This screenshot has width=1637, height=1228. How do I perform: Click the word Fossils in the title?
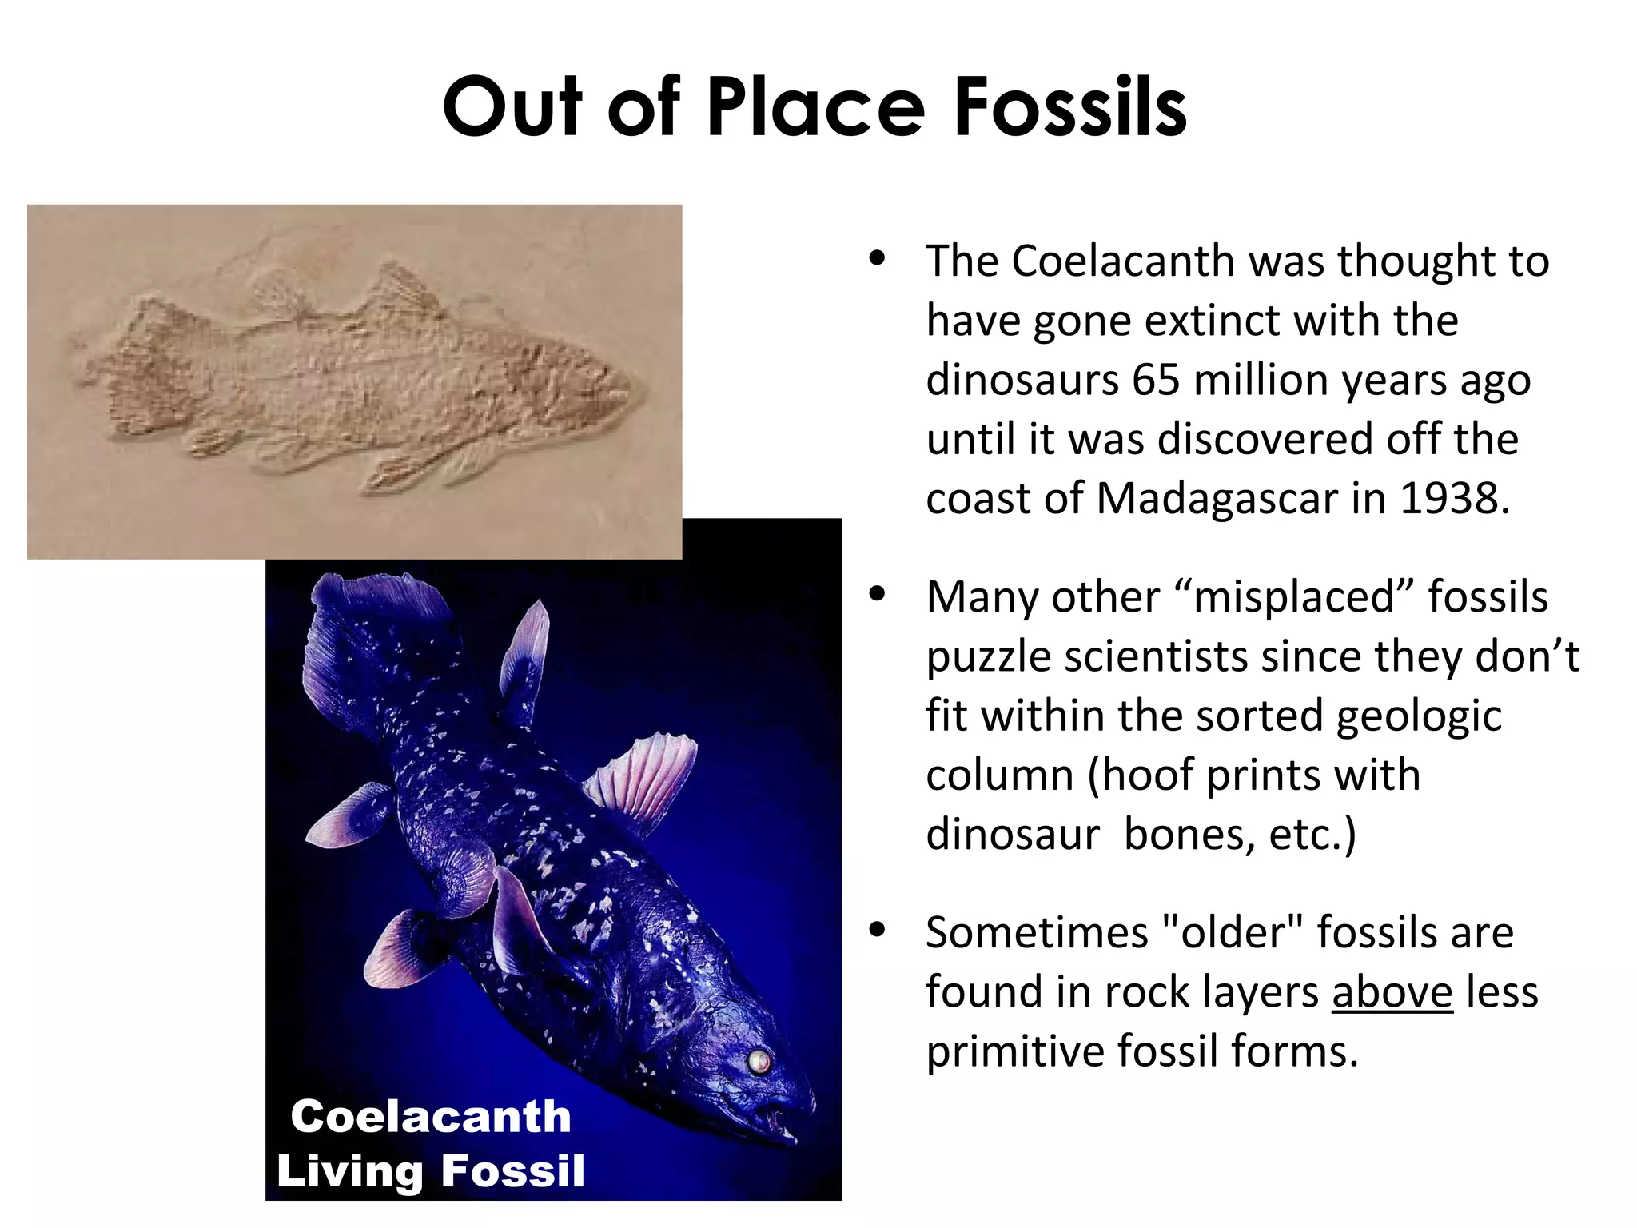click(1070, 107)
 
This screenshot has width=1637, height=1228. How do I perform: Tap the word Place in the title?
click(816, 107)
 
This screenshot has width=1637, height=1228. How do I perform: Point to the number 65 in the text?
click(1156, 380)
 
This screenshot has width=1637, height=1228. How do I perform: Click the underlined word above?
click(1392, 992)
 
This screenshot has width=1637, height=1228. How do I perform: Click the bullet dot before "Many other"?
click(878, 594)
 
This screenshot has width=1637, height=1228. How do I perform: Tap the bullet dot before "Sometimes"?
click(878, 930)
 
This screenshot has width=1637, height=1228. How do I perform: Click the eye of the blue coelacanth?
click(757, 1061)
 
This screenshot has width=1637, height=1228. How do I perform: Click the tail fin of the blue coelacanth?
click(352, 632)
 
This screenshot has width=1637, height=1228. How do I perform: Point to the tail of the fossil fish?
click(144, 368)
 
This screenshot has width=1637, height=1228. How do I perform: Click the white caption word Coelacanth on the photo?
click(431, 1116)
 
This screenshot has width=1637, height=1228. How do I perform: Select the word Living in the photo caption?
click(349, 1171)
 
